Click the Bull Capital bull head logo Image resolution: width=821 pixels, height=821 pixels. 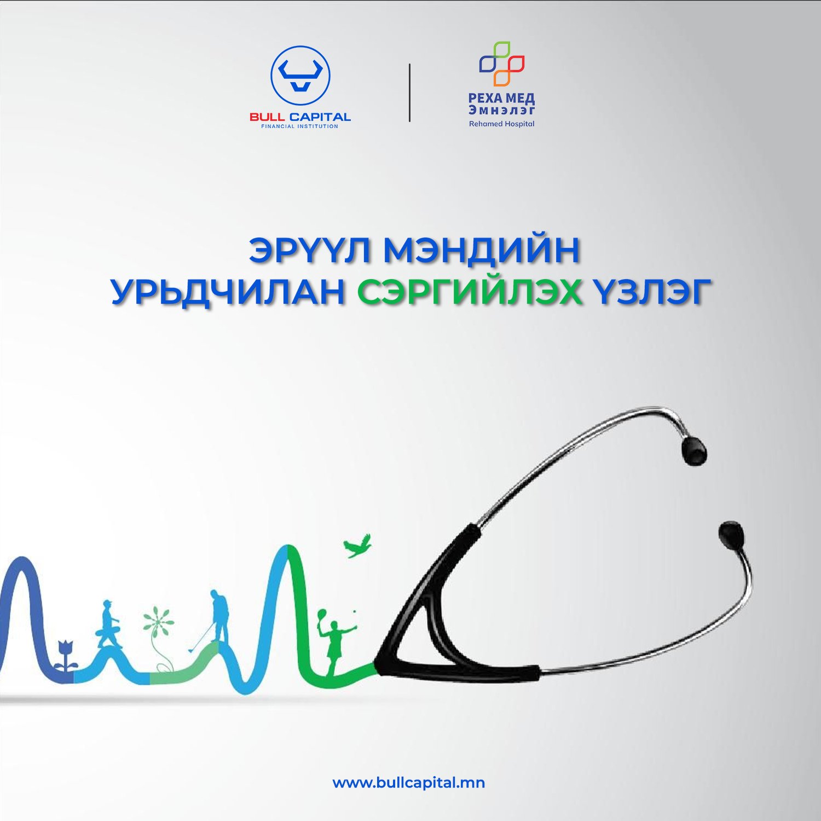pos(300,76)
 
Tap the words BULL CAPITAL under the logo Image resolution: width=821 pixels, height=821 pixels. pos(300,117)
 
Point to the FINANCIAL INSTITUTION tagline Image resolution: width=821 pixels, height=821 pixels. pos(300,126)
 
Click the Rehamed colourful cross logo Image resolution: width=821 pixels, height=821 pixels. pos(502,63)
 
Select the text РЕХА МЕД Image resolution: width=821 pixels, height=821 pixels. pos(501,98)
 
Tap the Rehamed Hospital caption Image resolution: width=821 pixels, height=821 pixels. pos(501,124)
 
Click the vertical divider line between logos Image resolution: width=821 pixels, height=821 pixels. pos(409,92)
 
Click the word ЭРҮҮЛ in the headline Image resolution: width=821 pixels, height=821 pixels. pos(311,250)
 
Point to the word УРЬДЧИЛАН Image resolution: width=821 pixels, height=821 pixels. pos(228,292)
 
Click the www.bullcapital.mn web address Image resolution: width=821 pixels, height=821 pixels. pos(409,783)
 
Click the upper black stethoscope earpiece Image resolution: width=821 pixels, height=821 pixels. pos(694,450)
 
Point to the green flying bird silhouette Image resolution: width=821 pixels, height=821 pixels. pos(357,546)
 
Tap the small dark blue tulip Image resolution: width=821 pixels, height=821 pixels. pos(66,656)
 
